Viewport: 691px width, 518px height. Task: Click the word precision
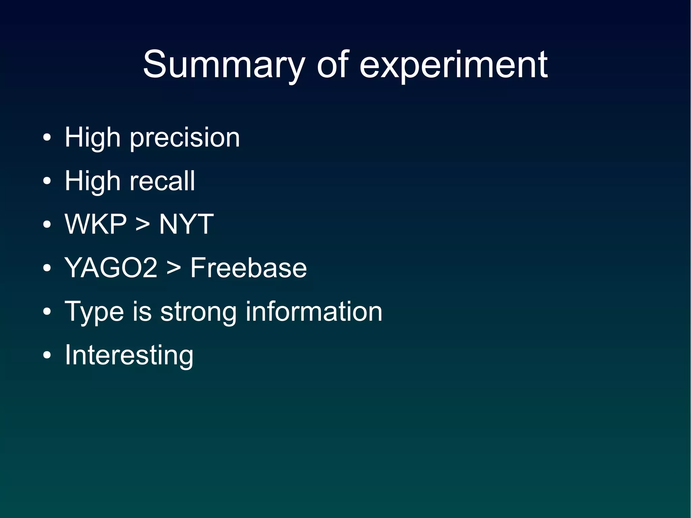[185, 138]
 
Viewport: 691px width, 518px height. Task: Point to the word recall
[162, 181]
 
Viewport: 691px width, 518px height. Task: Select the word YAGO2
[111, 268]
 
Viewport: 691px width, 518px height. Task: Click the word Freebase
[249, 268]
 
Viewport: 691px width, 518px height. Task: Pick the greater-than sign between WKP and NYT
[143, 225]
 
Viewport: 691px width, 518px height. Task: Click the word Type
[94, 311]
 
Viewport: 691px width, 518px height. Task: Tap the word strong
[198, 311]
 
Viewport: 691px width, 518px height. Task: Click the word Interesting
[129, 355]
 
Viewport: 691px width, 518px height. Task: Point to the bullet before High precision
[47, 138]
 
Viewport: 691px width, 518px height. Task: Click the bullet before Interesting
[47, 355]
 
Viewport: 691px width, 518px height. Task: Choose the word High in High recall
[92, 181]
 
